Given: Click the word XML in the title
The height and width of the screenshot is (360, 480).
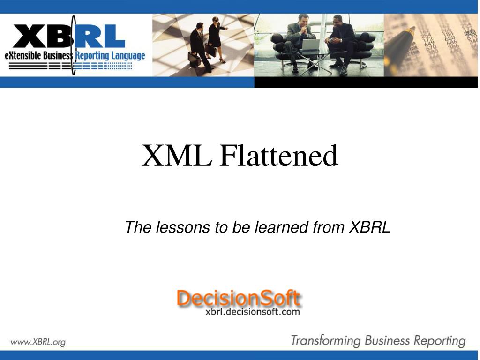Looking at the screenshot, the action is pos(177,156).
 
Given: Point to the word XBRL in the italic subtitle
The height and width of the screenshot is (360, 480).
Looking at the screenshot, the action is pos(370,227).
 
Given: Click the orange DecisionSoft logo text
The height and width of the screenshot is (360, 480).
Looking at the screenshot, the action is pos(239,298).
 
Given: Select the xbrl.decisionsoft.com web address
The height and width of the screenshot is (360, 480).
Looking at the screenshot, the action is pos(253,312).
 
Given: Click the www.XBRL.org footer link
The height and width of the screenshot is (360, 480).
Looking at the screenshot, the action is pos(38,342).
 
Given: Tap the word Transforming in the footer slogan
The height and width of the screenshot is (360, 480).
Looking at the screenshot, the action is pos(326,341).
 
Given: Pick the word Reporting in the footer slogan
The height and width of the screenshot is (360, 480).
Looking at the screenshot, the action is pos(440,341).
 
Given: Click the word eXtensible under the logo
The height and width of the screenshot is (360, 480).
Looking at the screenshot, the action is pos(22,56).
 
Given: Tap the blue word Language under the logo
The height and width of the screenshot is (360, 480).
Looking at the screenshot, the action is pos(128,56).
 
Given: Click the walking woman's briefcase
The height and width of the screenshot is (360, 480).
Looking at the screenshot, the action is pos(210,50).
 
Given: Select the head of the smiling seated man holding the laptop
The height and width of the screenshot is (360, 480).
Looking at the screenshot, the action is pos(303,20).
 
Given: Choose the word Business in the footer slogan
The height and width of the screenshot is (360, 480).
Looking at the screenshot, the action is pos(387,341).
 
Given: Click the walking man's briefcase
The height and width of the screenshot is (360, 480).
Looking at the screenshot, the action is pos(195,59).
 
